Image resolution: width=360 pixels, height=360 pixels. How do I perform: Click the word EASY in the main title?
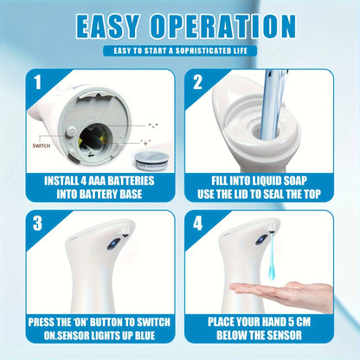(110, 26)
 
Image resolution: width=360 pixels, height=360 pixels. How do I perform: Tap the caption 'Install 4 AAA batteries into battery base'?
(97, 188)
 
